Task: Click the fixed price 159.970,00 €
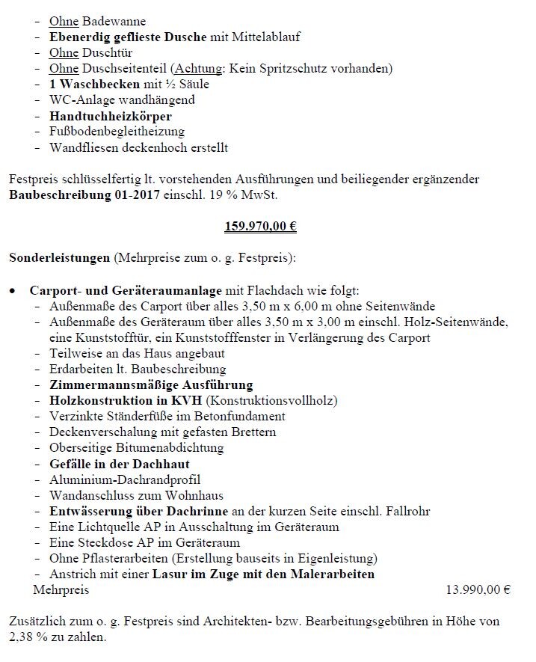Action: point(261,225)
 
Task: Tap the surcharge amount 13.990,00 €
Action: point(478,590)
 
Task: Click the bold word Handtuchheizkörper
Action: point(110,116)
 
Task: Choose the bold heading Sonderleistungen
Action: point(60,258)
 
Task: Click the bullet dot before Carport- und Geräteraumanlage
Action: point(13,290)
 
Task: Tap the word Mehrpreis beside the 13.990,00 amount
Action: point(61,590)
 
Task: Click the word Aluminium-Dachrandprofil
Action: point(125,479)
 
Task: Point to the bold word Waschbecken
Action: point(98,85)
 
